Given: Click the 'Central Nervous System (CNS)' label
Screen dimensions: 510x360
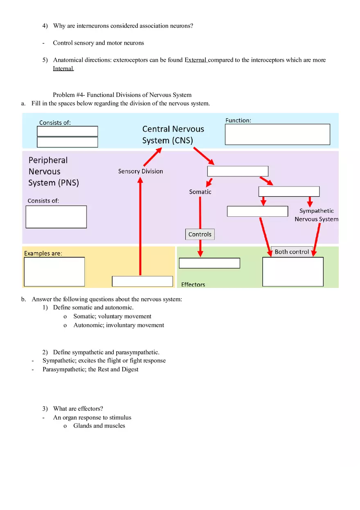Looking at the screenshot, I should [x=173, y=135].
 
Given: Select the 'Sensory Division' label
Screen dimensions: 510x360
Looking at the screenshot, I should [x=140, y=171].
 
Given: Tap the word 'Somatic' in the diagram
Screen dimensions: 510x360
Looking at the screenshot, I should [x=200, y=192].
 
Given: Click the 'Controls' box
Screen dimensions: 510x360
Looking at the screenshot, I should [x=200, y=234].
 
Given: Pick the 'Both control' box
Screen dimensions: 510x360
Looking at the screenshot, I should [x=292, y=252].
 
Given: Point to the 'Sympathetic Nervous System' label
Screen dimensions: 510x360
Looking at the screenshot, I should [x=316, y=215].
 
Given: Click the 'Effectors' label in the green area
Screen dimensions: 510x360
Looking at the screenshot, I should [x=193, y=284].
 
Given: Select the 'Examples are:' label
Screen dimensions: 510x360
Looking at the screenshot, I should [x=43, y=254].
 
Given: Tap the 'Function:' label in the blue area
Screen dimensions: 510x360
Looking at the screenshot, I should [x=238, y=120].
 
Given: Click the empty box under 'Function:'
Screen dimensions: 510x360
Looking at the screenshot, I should [x=277, y=135].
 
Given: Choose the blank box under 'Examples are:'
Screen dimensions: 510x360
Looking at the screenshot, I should [x=54, y=272].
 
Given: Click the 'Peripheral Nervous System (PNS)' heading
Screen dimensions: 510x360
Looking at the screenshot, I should [x=53, y=171].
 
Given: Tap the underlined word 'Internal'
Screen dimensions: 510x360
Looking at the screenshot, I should [x=63, y=69].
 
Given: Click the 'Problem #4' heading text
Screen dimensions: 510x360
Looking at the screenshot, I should [x=122, y=95].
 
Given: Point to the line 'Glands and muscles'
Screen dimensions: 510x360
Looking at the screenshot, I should [x=99, y=426].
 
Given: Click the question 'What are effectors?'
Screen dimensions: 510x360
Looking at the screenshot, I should [x=78, y=409].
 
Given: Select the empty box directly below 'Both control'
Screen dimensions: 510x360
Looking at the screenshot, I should [x=292, y=272].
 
